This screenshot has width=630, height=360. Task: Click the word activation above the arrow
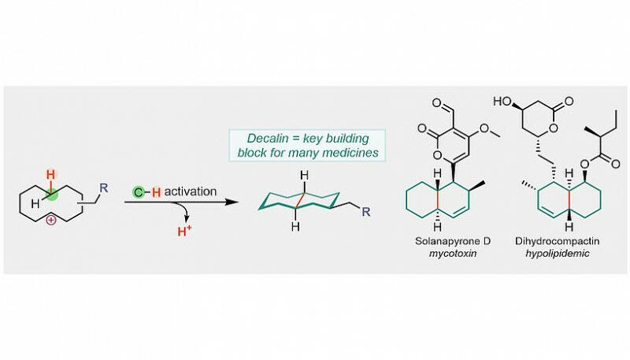[191, 191]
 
